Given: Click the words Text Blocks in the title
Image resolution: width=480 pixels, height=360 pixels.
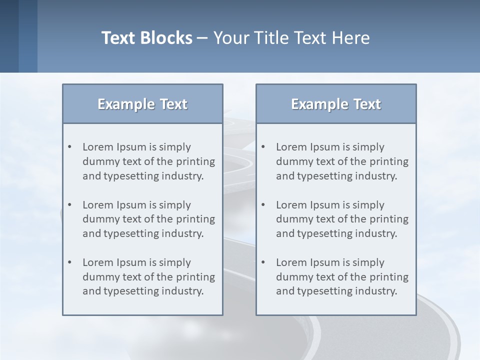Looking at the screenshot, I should click(146, 38).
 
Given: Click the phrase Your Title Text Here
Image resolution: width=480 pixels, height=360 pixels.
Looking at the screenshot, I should click(291, 38).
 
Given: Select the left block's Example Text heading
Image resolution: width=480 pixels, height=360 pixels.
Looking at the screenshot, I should click(142, 104).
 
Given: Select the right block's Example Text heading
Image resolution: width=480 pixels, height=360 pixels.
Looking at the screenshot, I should click(336, 104).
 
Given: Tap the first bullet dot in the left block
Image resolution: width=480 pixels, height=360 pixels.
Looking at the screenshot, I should click(70, 147).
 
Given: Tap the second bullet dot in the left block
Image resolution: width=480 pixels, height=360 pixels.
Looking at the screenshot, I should click(70, 205).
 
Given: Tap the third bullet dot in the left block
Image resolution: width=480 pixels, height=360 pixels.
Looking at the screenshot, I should click(70, 262).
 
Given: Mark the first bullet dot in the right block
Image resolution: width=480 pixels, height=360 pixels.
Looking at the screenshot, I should click(263, 147).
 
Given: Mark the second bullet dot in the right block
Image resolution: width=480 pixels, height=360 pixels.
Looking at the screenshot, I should click(263, 205).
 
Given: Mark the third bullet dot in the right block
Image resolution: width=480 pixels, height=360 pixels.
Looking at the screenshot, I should click(263, 262).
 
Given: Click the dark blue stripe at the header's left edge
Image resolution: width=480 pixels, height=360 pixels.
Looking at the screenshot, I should click(9, 36).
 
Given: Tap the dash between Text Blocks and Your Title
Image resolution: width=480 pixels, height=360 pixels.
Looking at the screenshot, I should click(202, 38).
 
